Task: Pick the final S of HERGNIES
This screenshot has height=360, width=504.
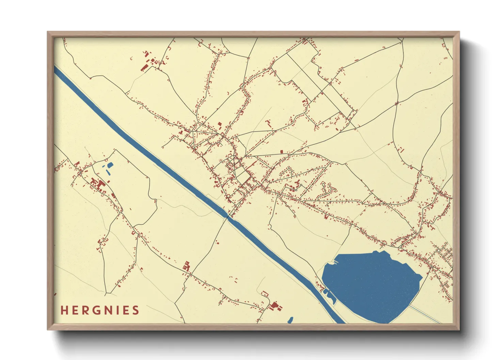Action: pos(136,310)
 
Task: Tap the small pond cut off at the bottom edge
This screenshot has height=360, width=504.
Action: pos(290,320)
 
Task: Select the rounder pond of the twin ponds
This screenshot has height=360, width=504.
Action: pos(110,165)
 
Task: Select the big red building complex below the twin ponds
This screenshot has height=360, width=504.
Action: pos(100,185)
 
